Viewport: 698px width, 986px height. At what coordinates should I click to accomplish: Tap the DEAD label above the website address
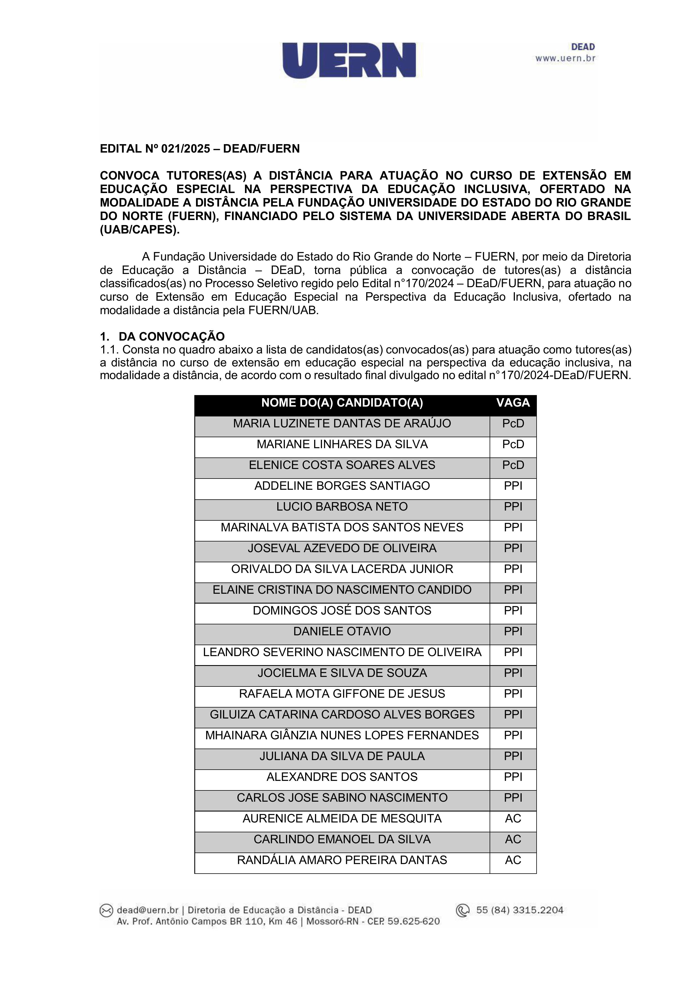(582, 47)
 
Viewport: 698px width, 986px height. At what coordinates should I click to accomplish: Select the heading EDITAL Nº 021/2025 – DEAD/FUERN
(200, 149)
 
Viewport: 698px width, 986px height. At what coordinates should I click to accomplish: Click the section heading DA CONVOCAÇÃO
(172, 336)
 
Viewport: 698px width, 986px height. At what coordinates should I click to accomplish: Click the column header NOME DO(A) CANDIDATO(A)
(342, 403)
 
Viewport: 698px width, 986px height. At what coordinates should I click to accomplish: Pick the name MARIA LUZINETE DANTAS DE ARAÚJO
(342, 424)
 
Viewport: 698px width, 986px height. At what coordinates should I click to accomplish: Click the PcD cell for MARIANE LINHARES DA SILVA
(513, 445)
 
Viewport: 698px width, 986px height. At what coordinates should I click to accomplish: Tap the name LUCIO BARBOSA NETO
(342, 507)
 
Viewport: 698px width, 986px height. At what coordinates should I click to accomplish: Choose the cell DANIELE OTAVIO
(342, 632)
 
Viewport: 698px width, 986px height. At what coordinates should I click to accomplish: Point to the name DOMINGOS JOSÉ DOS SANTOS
(342, 611)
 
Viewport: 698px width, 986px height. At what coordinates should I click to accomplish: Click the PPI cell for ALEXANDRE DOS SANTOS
(513, 777)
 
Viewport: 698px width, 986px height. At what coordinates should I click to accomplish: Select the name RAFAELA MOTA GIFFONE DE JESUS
(342, 694)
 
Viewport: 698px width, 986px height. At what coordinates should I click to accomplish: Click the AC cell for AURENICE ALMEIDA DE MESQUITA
(513, 819)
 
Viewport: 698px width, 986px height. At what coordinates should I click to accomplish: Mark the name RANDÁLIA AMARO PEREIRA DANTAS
(342, 860)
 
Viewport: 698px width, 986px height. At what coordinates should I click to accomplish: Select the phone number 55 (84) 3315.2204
(520, 910)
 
